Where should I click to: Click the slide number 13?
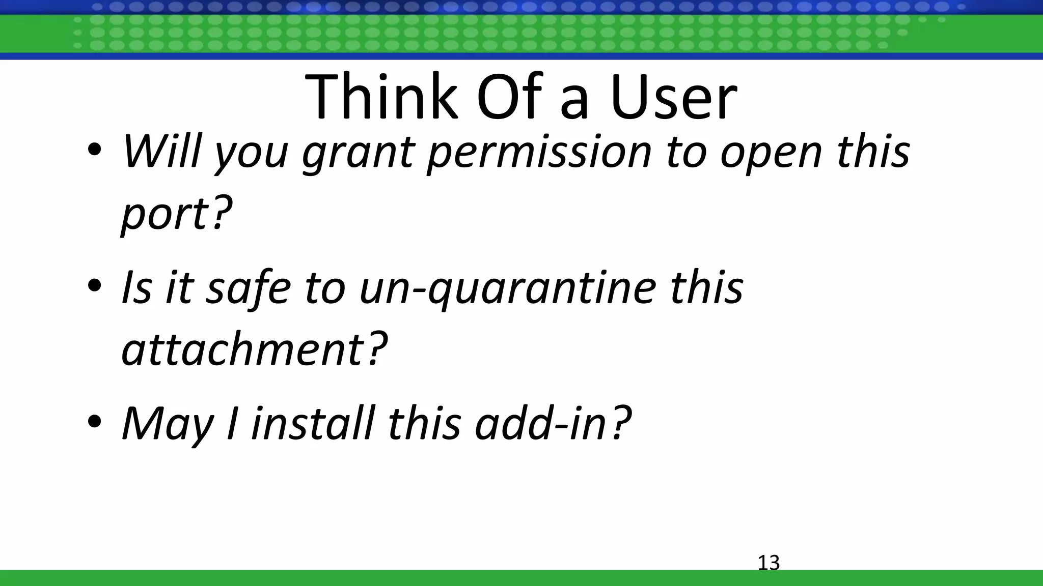(768, 563)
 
